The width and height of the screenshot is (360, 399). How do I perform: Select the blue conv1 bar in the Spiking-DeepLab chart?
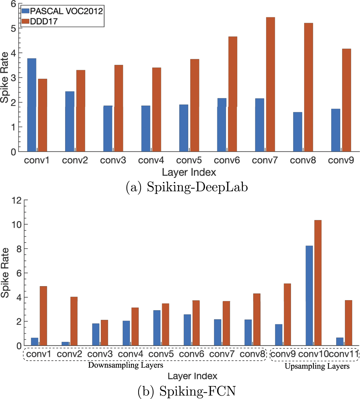click(x=32, y=105)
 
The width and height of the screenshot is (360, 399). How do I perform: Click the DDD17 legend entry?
click(x=43, y=21)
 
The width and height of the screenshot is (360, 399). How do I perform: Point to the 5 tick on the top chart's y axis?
click(x=13, y=28)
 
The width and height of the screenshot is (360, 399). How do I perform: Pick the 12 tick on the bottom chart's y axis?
click(x=16, y=200)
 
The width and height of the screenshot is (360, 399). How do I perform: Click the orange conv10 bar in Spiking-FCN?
click(x=318, y=283)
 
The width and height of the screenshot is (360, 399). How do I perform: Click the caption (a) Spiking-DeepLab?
click(x=187, y=187)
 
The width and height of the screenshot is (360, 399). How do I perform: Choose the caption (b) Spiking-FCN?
click(x=187, y=391)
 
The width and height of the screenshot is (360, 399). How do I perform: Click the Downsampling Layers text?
click(x=125, y=365)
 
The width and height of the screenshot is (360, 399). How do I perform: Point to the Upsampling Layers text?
click(x=317, y=366)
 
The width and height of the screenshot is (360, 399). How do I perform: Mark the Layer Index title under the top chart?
click(x=189, y=172)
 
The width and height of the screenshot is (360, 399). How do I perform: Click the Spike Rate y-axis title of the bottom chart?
click(x=5, y=273)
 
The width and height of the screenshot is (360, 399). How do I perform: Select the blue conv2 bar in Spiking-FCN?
click(x=65, y=344)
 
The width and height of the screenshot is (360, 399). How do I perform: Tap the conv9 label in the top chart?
click(x=341, y=160)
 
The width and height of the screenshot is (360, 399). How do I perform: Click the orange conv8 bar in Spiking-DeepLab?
click(x=308, y=87)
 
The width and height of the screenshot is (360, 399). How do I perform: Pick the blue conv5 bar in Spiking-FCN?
click(x=157, y=328)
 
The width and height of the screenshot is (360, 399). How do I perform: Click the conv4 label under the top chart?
click(x=151, y=160)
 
